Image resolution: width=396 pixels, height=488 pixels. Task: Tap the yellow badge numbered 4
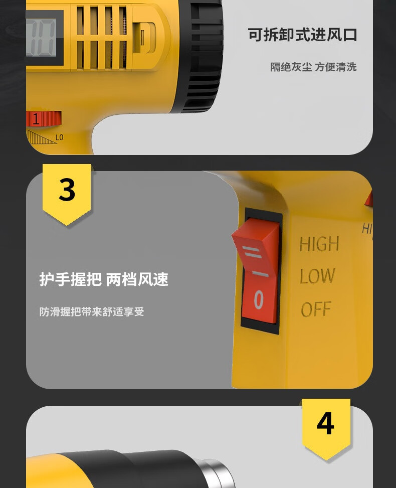(x=326, y=428)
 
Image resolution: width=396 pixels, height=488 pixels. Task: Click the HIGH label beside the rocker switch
(x=319, y=244)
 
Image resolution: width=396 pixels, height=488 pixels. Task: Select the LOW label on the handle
(x=317, y=276)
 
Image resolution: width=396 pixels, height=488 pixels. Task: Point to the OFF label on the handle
(x=316, y=309)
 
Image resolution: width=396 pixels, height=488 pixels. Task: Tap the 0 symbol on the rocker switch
(x=259, y=299)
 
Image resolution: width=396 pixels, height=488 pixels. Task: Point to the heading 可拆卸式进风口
(x=302, y=35)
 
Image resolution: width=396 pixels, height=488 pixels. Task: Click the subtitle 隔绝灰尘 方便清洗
(x=313, y=67)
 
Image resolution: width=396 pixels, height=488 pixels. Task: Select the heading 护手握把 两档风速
(x=104, y=279)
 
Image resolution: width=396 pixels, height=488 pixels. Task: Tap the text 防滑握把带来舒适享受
(x=92, y=311)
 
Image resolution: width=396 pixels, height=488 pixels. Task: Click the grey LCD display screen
(x=41, y=38)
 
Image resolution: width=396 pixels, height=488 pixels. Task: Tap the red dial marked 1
(x=44, y=119)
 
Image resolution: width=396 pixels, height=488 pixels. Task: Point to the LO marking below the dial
(x=60, y=137)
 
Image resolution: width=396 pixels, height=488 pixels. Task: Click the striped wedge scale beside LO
(x=42, y=137)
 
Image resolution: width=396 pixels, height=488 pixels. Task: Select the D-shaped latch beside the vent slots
(x=144, y=37)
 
